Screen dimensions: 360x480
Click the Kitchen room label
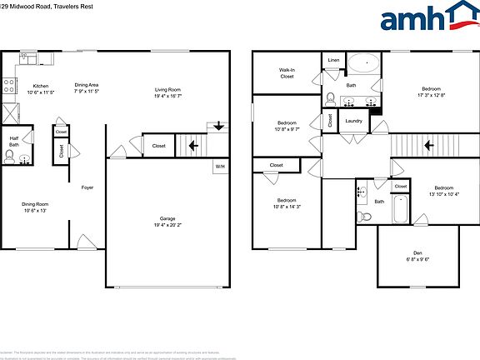pos(40,86)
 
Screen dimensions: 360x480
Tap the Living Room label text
pos(167,89)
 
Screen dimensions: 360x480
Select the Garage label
pos(167,218)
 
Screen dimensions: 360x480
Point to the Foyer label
pos(87,187)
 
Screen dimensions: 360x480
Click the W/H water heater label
pos(220,167)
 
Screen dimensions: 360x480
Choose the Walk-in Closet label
pos(287,73)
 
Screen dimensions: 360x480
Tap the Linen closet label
pos(333,60)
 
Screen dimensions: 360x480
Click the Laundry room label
pos(353,120)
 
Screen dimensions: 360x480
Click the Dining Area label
pos(87,84)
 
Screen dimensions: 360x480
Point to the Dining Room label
pos(34,204)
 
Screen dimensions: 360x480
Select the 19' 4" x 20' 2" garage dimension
pos(167,225)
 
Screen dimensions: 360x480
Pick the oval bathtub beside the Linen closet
pos(362,62)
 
